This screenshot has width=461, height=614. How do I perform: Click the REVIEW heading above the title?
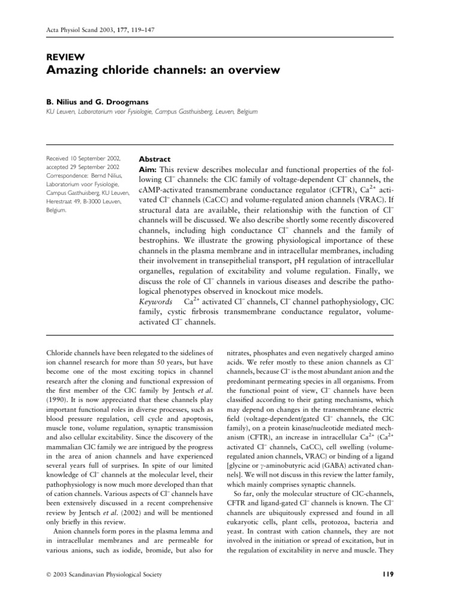coord(64,58)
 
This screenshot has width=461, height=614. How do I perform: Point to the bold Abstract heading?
coord(155,159)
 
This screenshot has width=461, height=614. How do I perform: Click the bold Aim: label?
coord(149,170)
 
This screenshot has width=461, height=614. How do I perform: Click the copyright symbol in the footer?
coord(49,576)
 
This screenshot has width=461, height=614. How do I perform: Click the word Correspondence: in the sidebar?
coord(70,177)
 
